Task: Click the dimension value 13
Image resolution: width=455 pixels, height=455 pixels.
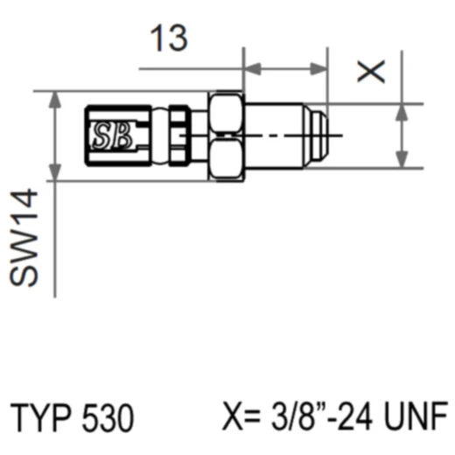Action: pyautogui.click(x=168, y=38)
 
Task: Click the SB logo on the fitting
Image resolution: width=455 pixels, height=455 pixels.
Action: pyautogui.click(x=111, y=135)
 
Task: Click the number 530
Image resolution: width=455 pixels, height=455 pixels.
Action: pyautogui.click(x=108, y=418)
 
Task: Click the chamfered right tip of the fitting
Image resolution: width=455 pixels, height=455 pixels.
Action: pyautogui.click(x=325, y=136)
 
